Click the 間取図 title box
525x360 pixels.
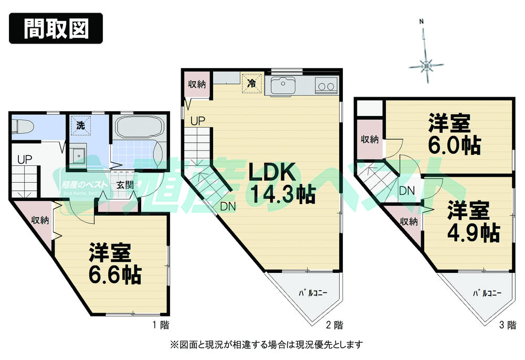coord(55,29)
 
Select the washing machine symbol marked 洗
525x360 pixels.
coord(80,126)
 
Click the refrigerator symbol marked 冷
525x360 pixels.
coord(251,83)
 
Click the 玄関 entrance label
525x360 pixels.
coord(124,185)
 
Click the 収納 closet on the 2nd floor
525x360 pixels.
coord(197,84)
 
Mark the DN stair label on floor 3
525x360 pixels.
coord(407,191)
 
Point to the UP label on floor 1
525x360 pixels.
coord(24,159)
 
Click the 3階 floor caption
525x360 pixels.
coord(506,325)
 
